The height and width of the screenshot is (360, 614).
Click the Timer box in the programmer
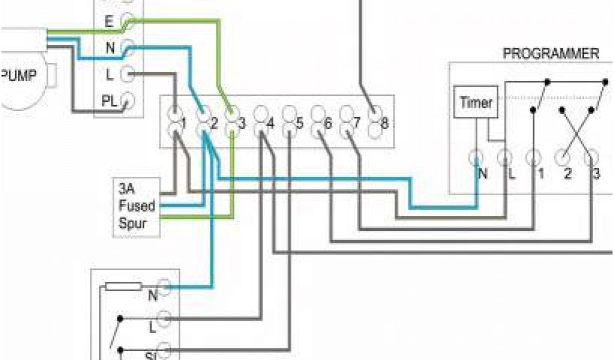[475, 103]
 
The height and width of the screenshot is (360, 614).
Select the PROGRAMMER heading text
[550, 53]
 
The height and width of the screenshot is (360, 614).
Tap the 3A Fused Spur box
[136, 206]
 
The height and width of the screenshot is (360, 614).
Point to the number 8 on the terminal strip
[384, 124]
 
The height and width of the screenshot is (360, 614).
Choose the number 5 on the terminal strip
[299, 124]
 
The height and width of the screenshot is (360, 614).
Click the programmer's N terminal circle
[477, 158]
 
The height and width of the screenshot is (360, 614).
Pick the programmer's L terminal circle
[505, 158]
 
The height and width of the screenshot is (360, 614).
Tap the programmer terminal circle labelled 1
[533, 158]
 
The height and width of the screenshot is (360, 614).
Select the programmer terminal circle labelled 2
[562, 158]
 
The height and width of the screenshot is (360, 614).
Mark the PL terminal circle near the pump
[128, 101]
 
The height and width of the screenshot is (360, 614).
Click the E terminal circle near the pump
[128, 22]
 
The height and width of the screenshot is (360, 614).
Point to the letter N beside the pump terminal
[110, 49]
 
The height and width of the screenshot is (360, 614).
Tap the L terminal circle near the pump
[128, 74]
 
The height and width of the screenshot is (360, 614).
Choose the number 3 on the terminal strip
[242, 124]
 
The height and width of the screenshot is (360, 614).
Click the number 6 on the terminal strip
[327, 124]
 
